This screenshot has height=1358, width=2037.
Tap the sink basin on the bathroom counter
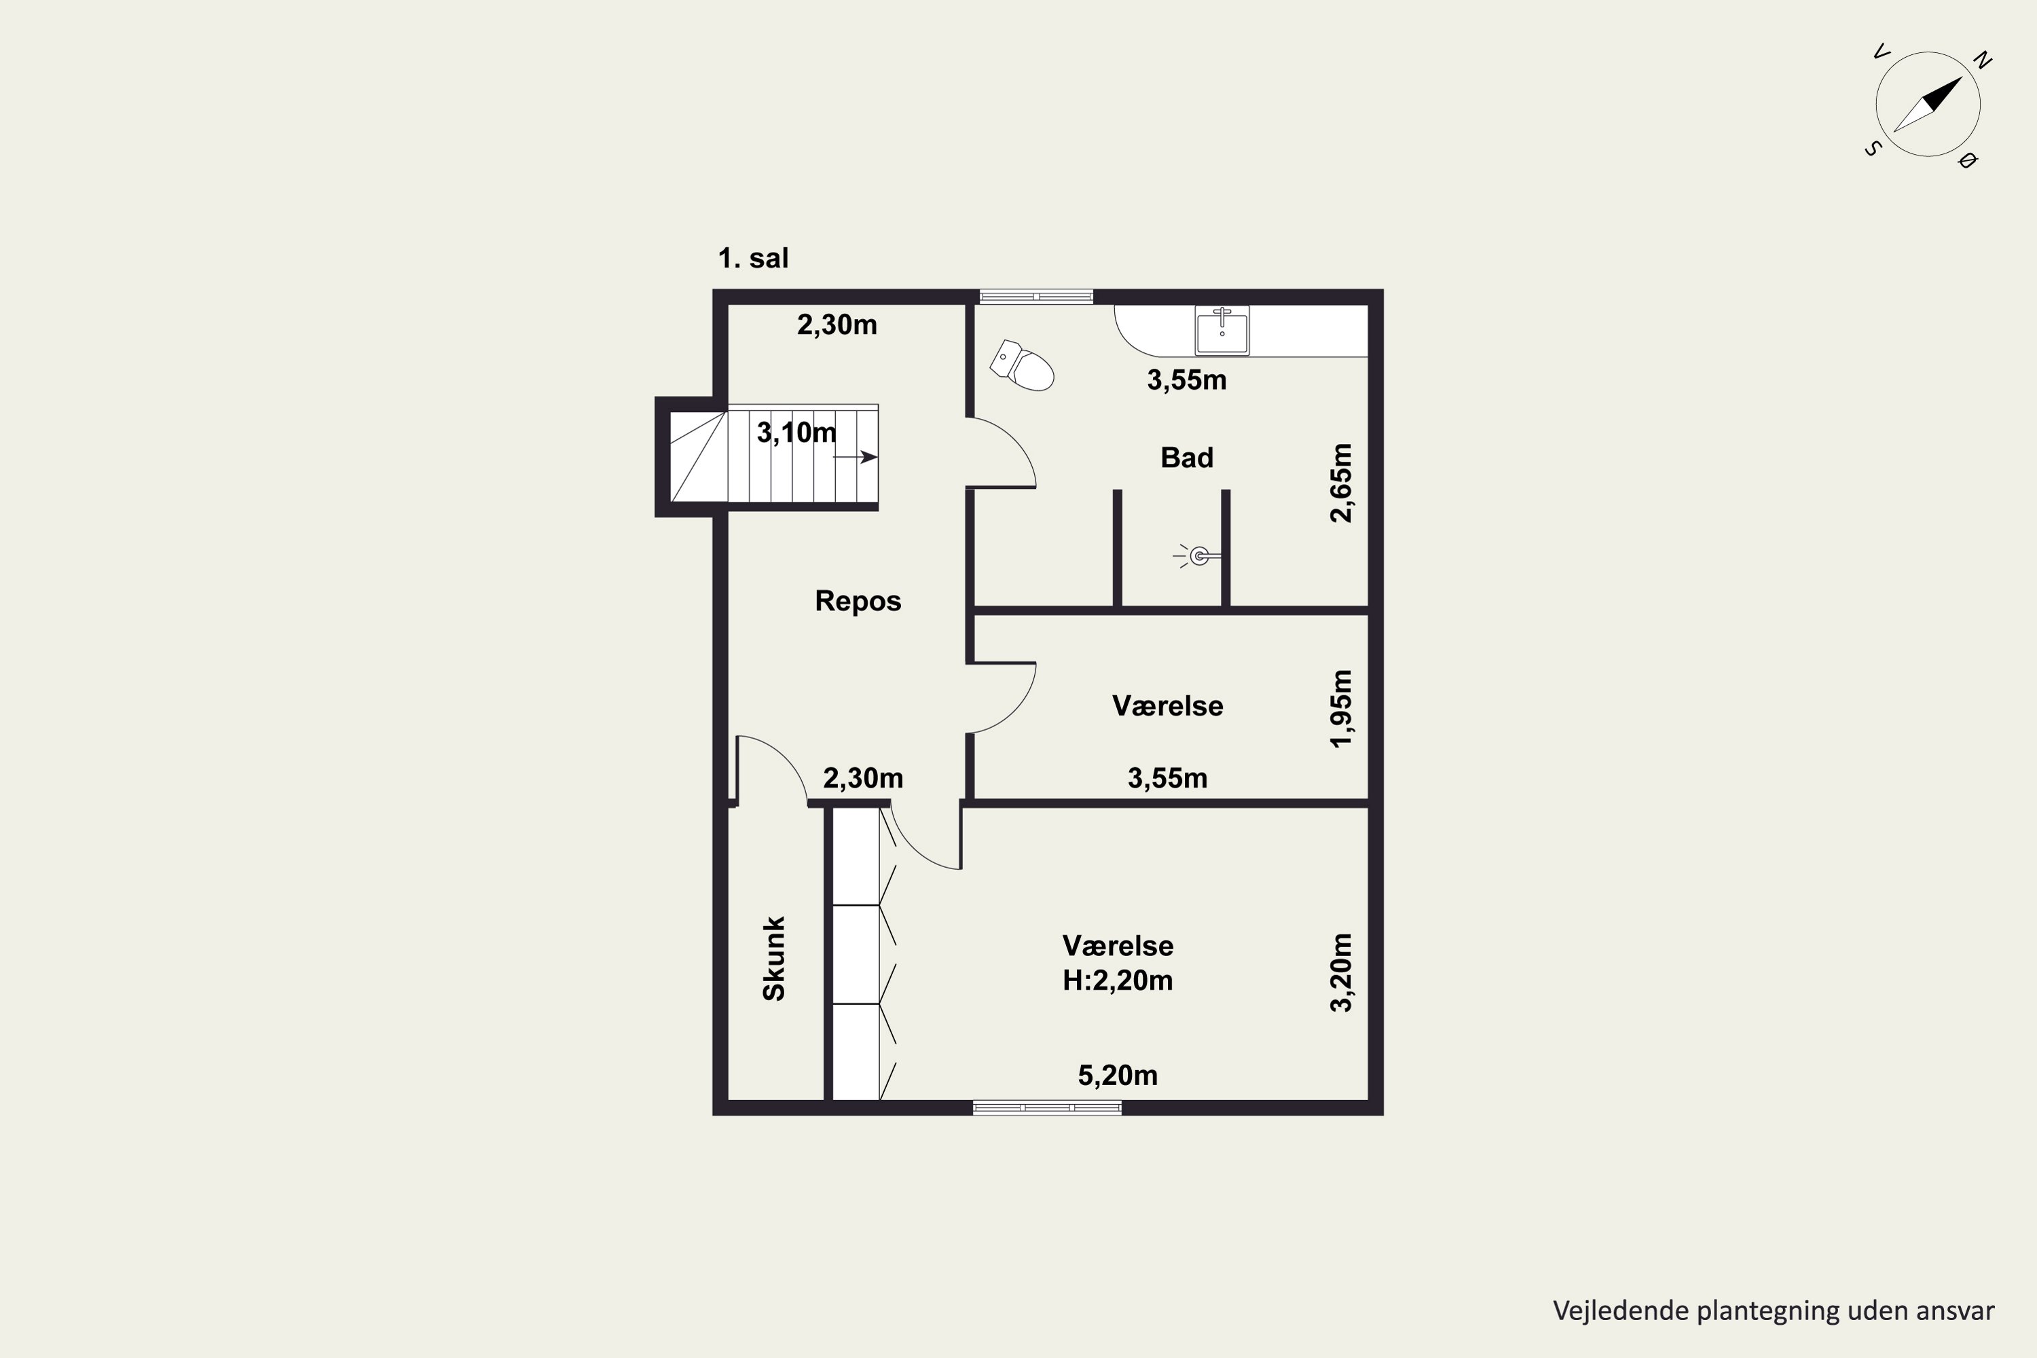(1222, 330)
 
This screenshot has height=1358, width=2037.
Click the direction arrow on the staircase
(856, 457)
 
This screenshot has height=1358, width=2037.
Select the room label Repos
(858, 601)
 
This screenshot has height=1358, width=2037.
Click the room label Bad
(1186, 457)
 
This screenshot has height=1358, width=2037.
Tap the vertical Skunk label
(773, 959)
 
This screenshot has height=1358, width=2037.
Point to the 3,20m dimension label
(1340, 972)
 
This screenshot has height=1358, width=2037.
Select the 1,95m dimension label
(1340, 708)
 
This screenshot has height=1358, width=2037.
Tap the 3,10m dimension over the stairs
(796, 432)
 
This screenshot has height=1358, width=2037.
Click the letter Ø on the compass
(1968, 160)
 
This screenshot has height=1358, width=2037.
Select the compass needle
(1928, 104)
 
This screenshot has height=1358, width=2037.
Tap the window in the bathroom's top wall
(1036, 296)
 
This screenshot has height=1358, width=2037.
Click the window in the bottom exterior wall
(1047, 1107)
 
